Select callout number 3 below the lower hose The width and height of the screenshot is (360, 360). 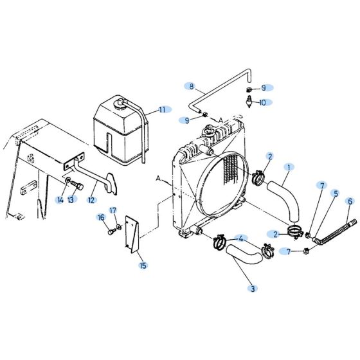pyautogui.click(x=253, y=289)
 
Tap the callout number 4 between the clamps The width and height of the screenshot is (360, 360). pyautogui.click(x=241, y=239)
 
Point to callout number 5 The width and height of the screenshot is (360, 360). pyautogui.click(x=335, y=193)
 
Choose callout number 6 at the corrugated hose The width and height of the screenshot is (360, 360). pyautogui.click(x=350, y=201)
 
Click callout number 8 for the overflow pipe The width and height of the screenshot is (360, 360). pyautogui.click(x=190, y=85)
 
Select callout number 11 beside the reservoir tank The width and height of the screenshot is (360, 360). pyautogui.click(x=161, y=109)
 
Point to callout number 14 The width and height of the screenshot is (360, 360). pyautogui.click(x=60, y=201)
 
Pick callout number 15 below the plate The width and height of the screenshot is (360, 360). pyautogui.click(x=142, y=265)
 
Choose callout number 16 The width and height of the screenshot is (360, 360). pyautogui.click(x=101, y=217)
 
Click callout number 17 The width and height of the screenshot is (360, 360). pyautogui.click(x=113, y=210)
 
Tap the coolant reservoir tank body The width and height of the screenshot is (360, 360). pyautogui.click(x=116, y=132)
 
